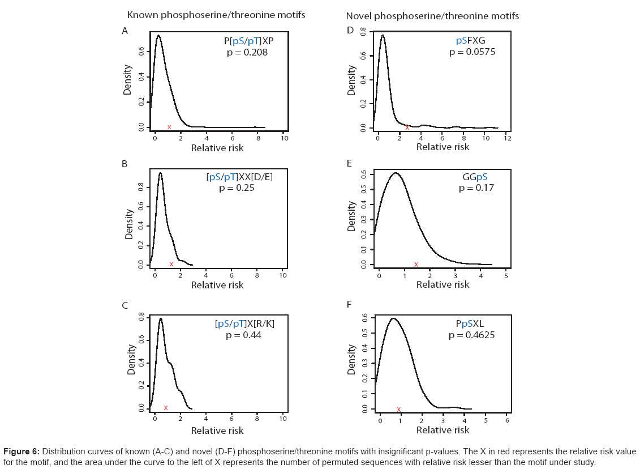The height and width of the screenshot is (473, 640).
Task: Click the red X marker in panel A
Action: (x=169, y=127)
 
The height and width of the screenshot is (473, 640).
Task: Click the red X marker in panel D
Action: (x=407, y=127)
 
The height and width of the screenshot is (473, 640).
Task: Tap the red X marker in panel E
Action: (x=416, y=264)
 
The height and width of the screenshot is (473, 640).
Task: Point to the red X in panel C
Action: (x=166, y=408)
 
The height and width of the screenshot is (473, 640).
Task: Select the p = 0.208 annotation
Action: (x=244, y=53)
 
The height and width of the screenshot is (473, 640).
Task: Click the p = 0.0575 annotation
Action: (x=472, y=52)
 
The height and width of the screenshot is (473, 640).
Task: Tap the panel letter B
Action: (x=125, y=165)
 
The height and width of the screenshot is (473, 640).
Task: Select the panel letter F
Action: (x=350, y=305)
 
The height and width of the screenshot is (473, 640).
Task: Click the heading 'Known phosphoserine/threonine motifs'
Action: (x=216, y=15)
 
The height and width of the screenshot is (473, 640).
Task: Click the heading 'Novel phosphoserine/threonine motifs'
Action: (x=432, y=16)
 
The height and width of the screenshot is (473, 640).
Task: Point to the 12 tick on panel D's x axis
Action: (x=507, y=138)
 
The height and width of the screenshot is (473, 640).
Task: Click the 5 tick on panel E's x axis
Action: (x=506, y=275)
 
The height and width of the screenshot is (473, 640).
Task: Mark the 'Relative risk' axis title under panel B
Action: (x=217, y=285)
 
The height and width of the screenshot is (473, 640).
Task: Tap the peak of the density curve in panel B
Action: (x=160, y=173)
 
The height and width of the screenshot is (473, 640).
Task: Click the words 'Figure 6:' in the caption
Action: (x=22, y=451)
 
